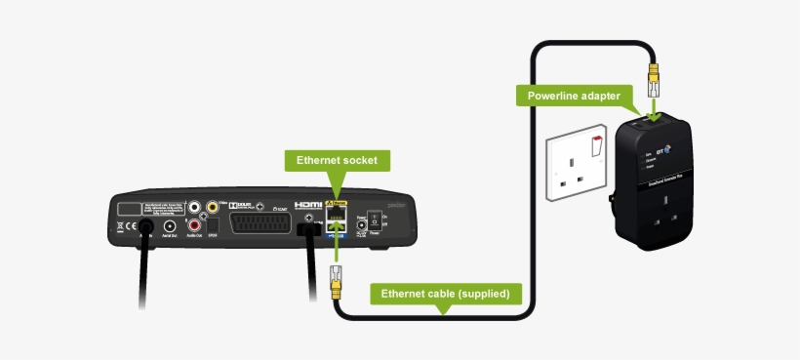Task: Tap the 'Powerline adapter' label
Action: click(x=573, y=96)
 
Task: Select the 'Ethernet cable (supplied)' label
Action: click(x=445, y=293)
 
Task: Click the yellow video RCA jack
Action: click(x=211, y=208)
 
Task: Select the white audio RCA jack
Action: click(x=194, y=208)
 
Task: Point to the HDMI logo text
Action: click(x=308, y=205)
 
